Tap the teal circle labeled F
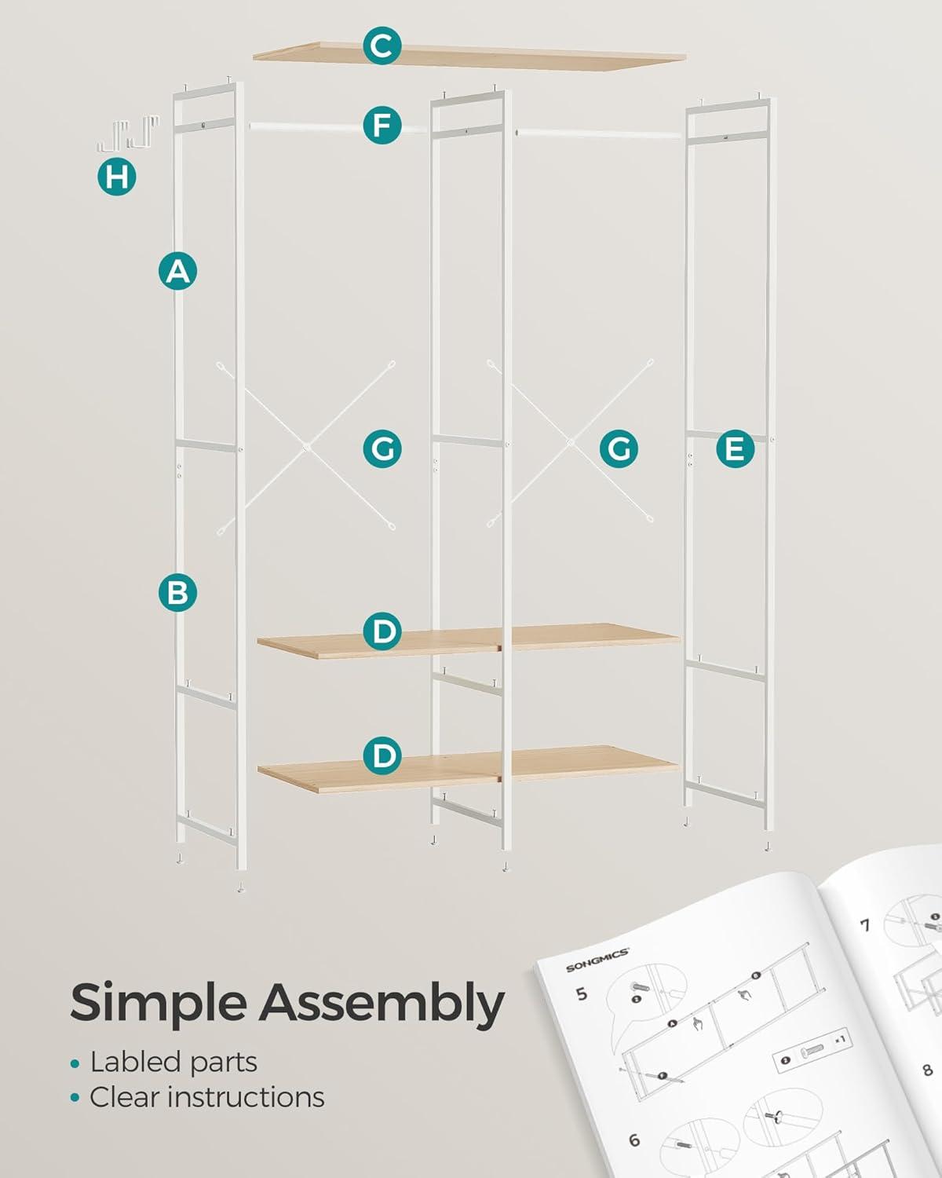tap(382, 125)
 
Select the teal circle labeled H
tap(117, 176)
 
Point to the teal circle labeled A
tap(178, 271)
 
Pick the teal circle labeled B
tap(178, 593)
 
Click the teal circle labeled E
tap(735, 449)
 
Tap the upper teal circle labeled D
tap(382, 631)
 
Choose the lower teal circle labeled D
tap(382, 755)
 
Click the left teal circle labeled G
tap(382, 449)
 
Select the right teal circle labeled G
tap(619, 449)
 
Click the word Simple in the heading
tap(159, 1005)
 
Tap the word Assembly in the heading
tap(382, 1005)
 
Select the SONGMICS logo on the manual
tap(597, 960)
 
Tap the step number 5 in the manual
tap(581, 993)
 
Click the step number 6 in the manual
tap(633, 1140)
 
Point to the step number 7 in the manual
tap(865, 925)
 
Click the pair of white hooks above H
tap(129, 133)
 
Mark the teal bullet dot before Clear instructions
tap(75, 1098)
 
